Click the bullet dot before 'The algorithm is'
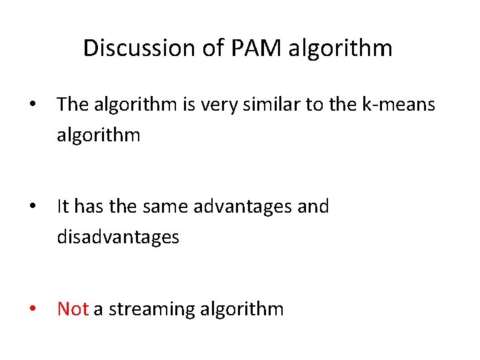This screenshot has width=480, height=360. (31, 105)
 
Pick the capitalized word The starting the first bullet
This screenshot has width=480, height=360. (72, 104)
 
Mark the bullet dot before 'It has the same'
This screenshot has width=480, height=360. (31, 207)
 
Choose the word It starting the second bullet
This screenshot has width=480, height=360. (63, 207)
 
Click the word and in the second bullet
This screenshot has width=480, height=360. (313, 207)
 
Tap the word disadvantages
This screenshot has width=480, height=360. (118, 237)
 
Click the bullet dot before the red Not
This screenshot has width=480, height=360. (31, 310)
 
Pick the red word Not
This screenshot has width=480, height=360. (73, 309)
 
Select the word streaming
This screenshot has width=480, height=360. (149, 310)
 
